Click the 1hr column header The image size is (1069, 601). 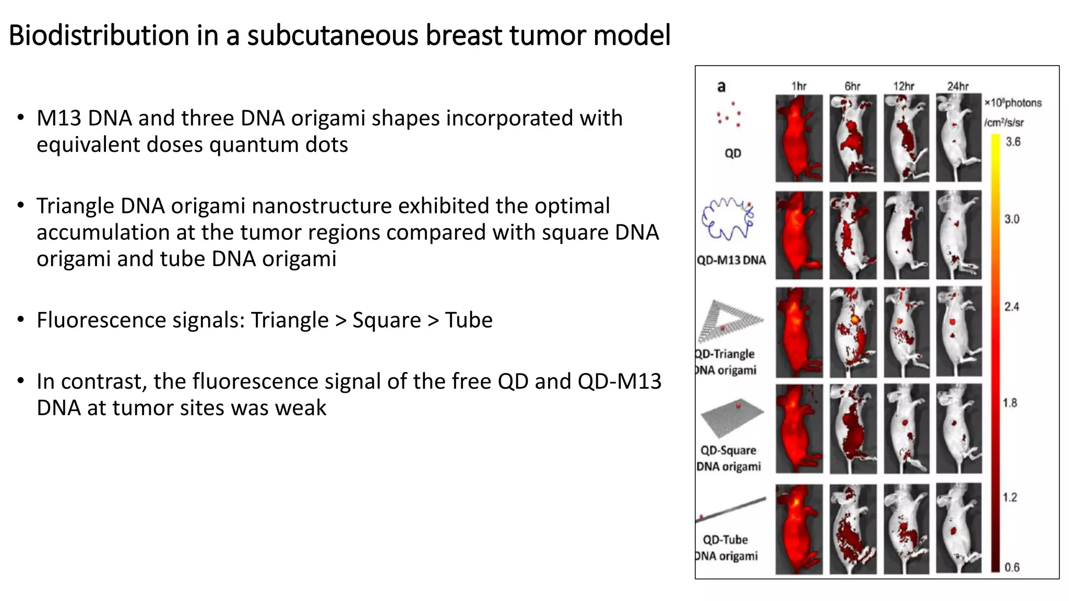[x=799, y=86]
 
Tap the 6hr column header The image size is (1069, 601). [x=852, y=86]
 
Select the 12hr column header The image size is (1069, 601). [x=904, y=86]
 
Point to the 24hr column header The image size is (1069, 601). [x=958, y=86]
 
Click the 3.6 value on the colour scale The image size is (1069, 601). [x=1013, y=142]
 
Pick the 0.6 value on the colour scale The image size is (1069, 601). [x=1012, y=567]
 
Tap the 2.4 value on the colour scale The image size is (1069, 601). [x=1012, y=307]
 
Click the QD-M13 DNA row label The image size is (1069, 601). [x=731, y=260]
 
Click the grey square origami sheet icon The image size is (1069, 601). [x=732, y=417]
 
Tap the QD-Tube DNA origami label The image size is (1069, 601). [x=726, y=547]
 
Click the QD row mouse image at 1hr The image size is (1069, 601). [x=799, y=138]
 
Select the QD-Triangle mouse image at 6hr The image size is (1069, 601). [x=853, y=332]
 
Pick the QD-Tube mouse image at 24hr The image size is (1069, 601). [x=958, y=528]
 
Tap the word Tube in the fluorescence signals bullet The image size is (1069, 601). [x=468, y=320]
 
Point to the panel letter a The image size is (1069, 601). [x=721, y=87]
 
